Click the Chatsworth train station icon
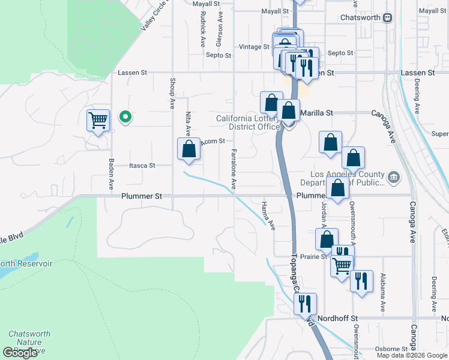click(x=387, y=18)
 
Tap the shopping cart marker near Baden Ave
click(x=98, y=119)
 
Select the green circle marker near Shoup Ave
click(x=125, y=117)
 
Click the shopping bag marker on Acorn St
click(x=189, y=149)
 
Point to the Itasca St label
click(x=142, y=166)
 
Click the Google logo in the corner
click(x=20, y=353)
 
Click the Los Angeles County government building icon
click(x=394, y=176)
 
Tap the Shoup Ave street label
click(x=172, y=93)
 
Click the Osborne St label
click(x=392, y=348)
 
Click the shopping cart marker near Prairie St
click(x=342, y=265)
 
